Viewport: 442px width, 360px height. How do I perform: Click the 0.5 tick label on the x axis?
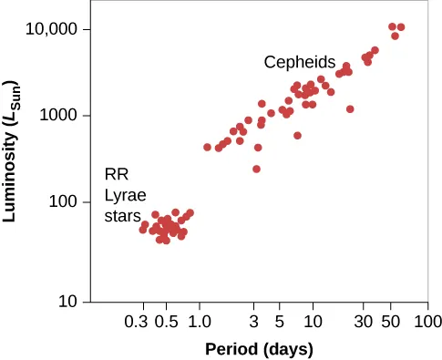166,321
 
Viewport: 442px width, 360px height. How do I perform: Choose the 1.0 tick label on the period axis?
200,321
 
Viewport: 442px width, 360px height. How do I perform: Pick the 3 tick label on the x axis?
254,321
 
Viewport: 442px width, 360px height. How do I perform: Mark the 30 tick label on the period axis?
363,321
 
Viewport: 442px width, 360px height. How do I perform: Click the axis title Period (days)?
259,349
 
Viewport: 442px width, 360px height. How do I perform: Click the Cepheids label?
300,63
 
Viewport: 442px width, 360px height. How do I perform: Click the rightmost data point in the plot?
401,27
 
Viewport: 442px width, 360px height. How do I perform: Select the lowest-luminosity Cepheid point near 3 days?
257,169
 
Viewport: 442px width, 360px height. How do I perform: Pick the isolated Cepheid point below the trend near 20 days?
350,109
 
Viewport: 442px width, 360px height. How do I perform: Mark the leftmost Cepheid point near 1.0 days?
207,147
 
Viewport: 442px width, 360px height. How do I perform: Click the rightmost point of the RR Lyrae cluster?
190,213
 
